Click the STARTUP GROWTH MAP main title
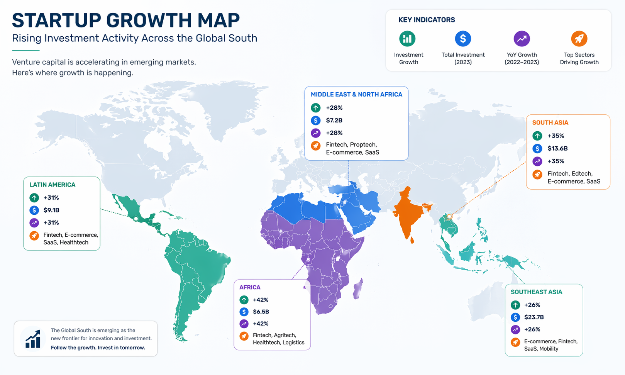click(x=126, y=20)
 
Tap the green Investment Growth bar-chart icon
click(x=407, y=39)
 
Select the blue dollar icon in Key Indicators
click(x=463, y=39)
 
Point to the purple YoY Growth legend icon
click(x=522, y=39)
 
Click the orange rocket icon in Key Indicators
click(x=579, y=39)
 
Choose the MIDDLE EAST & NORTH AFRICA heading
click(x=356, y=95)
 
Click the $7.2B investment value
click(x=334, y=120)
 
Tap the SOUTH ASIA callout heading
click(x=550, y=123)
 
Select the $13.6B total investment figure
click(x=557, y=148)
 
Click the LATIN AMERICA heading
click(x=53, y=185)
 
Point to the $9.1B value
click(x=51, y=210)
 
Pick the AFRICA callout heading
click(x=250, y=287)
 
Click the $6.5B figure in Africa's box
click(x=261, y=312)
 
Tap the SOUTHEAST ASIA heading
click(x=536, y=292)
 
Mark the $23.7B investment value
click(x=534, y=317)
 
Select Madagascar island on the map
click(x=358, y=289)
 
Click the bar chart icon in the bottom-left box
click(x=33, y=339)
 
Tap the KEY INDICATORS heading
click(x=427, y=20)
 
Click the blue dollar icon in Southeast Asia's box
click(x=515, y=317)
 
